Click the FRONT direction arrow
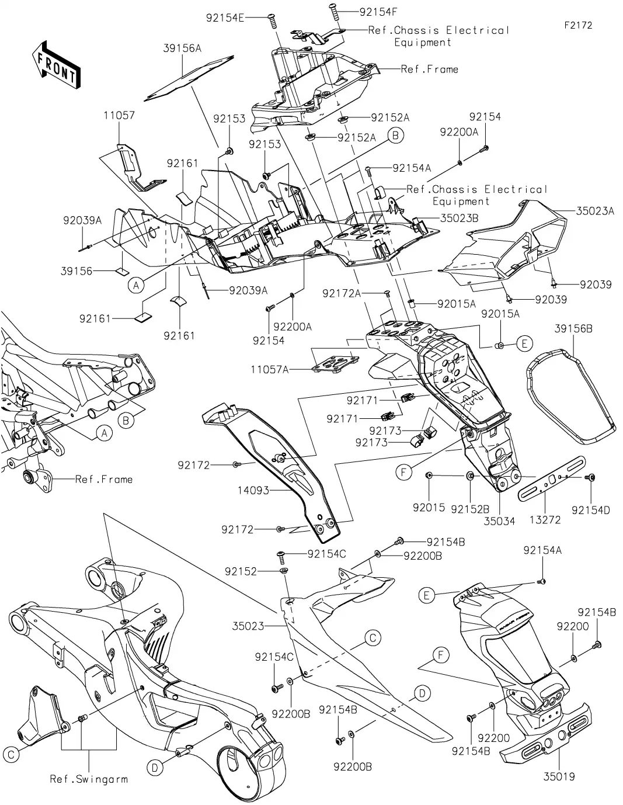click(x=56, y=64)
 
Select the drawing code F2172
click(x=578, y=26)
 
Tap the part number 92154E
click(x=225, y=18)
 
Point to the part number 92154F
click(x=379, y=11)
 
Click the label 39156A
click(x=182, y=48)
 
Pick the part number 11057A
click(x=270, y=369)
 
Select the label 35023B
click(x=459, y=218)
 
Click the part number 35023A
click(x=595, y=211)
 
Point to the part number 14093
click(x=254, y=490)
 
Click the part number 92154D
click(x=590, y=510)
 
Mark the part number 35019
click(x=559, y=776)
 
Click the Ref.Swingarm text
click(x=88, y=779)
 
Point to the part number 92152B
click(x=469, y=508)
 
